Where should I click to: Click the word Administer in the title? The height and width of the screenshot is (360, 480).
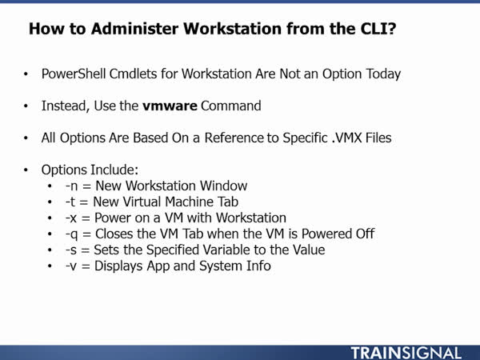[x=134, y=29]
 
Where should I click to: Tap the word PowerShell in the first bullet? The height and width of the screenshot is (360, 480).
[x=74, y=74]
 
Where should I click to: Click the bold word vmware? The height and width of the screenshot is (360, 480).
[x=170, y=106]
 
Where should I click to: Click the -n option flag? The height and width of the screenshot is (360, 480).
[x=71, y=186]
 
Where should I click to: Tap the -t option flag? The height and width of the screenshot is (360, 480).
[x=70, y=202]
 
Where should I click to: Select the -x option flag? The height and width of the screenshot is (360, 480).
[x=71, y=218]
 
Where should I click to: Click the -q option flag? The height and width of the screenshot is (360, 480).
[x=72, y=234]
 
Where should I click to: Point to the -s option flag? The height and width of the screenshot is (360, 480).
[x=70, y=250]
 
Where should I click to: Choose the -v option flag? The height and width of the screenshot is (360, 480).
[x=70, y=266]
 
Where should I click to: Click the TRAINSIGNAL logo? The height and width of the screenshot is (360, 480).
[x=406, y=353]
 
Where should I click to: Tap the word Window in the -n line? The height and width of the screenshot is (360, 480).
[x=223, y=186]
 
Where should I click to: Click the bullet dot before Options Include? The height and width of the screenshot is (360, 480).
[x=26, y=170]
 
